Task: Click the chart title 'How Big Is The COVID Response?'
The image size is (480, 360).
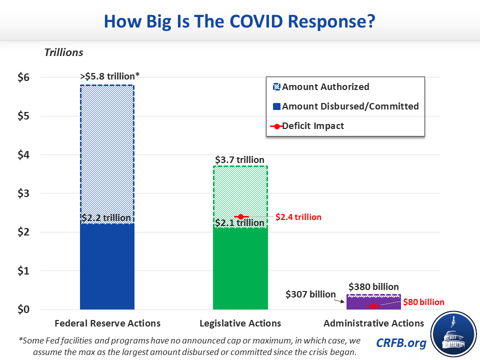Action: [x=239, y=22]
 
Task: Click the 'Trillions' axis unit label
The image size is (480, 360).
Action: [x=63, y=52]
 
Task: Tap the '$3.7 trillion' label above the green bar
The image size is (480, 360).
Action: [x=240, y=160]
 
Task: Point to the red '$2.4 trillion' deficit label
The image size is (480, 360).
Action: [x=298, y=217]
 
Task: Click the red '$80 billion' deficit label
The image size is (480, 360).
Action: [x=423, y=302]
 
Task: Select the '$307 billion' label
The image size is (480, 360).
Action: [x=310, y=294]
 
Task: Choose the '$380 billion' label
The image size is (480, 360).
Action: [x=373, y=287]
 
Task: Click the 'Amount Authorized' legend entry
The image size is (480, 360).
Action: [x=325, y=87]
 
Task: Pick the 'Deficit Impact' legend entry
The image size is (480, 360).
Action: [x=312, y=126]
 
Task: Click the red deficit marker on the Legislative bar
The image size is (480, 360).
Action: [x=240, y=216]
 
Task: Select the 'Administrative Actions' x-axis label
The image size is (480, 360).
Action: [x=373, y=323]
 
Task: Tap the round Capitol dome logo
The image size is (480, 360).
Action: [x=453, y=333]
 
